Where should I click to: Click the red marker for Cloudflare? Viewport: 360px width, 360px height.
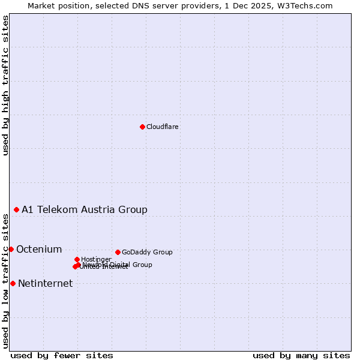pos(142,127)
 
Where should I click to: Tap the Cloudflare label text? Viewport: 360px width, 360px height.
pos(163,127)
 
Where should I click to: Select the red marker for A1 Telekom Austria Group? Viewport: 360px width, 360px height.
pos(16,209)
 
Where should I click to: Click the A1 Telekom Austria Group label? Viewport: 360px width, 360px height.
pos(85,209)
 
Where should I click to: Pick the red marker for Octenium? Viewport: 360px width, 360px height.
pos(11,249)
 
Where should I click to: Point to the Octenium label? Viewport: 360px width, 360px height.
pos(39,250)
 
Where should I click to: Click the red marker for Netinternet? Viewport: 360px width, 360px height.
pos(13,283)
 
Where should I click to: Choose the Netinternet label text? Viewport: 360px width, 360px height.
pos(46,284)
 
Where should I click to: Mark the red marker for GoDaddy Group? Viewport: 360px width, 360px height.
pos(118,252)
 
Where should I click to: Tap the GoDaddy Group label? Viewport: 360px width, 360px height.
pos(147,252)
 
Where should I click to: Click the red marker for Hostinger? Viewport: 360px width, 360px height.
pos(77,259)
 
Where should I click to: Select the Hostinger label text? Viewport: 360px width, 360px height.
pos(96,259)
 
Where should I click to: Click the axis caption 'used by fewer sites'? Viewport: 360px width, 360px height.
pos(62,355)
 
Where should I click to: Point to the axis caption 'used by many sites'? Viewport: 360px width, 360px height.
pos(301,355)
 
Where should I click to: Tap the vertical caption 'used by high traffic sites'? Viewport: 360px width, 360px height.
pos(5,85)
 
